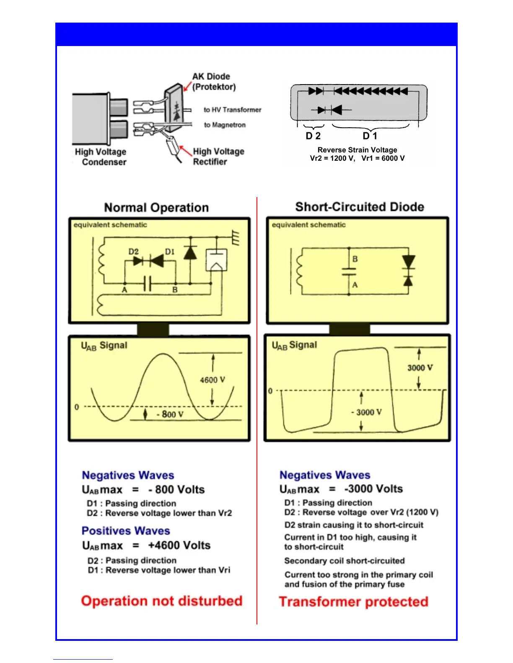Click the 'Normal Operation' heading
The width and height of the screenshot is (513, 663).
click(156, 208)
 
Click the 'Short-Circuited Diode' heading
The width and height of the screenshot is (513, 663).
click(360, 207)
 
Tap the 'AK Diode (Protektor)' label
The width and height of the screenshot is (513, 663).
click(214, 82)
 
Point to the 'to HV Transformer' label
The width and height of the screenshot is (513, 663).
click(232, 110)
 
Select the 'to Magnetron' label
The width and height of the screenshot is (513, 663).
click(225, 125)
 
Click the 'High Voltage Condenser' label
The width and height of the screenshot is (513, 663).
click(101, 157)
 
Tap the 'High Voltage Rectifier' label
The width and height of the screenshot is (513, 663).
click(218, 157)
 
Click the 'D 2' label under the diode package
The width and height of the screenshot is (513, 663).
click(313, 136)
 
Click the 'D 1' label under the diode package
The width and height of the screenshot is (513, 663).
click(370, 136)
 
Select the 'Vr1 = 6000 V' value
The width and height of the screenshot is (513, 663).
click(383, 158)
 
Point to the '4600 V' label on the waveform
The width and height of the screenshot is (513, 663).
click(212, 380)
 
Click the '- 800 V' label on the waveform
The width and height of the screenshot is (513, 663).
click(170, 414)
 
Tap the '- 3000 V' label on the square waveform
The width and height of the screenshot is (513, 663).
click(366, 412)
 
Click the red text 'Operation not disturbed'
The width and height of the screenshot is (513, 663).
click(162, 601)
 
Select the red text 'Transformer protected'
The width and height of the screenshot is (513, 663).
click(354, 602)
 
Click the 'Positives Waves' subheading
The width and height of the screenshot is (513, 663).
click(126, 531)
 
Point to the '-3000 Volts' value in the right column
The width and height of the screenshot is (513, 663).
click(373, 489)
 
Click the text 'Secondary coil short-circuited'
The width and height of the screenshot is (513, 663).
click(345, 561)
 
